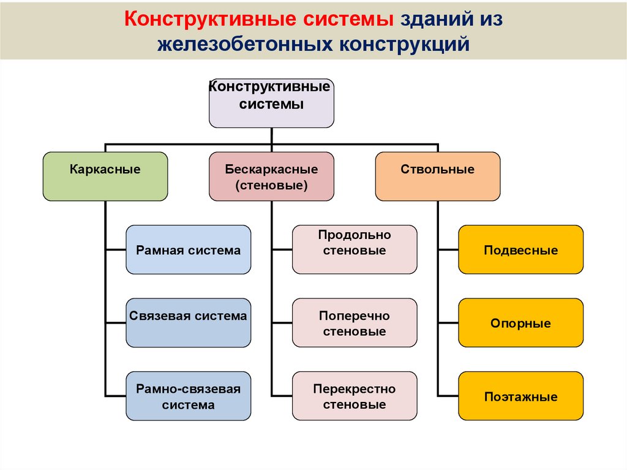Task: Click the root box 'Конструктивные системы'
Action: [271, 103]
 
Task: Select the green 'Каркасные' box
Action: [105, 176]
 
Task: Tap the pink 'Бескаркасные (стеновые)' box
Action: [271, 176]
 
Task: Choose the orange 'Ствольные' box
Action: [437, 176]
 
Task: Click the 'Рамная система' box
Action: [188, 249]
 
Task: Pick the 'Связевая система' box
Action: [188, 323]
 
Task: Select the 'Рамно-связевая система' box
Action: [188, 396]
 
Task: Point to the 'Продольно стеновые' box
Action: [355, 249]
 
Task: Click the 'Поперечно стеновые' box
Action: [355, 323]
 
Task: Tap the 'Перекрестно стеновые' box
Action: [355, 396]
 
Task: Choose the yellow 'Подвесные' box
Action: [520, 249]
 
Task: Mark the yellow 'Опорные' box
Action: [520, 323]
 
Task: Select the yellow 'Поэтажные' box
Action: [520, 396]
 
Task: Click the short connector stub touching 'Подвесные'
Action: [448, 249]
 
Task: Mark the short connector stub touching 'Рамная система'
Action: [116, 249]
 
